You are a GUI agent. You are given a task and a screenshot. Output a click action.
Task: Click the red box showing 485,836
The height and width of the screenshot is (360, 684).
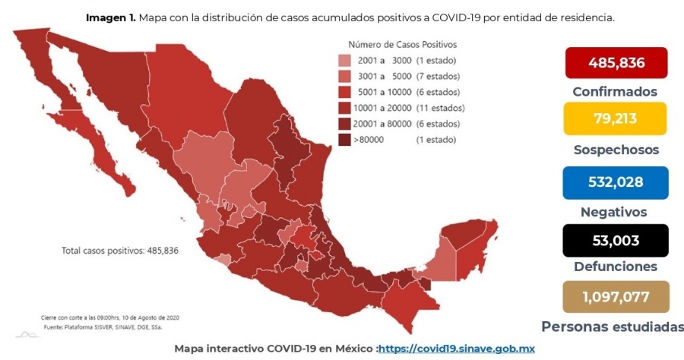[x=616, y=63]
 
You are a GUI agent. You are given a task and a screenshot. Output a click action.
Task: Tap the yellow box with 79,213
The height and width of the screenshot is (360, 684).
[x=615, y=118]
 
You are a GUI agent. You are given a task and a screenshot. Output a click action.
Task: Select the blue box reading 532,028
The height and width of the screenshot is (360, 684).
[x=616, y=182]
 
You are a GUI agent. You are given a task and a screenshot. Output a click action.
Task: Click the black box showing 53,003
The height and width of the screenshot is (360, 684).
[x=616, y=241]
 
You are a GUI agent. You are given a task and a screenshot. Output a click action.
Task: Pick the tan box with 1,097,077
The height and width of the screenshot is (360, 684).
[x=616, y=297]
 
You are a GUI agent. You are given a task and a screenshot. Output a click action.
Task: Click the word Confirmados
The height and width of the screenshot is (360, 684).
[x=615, y=92]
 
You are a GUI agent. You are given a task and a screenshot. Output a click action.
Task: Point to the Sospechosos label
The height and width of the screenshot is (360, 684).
[x=616, y=150]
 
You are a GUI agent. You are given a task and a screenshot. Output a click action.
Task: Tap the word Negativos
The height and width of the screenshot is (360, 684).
[x=614, y=212]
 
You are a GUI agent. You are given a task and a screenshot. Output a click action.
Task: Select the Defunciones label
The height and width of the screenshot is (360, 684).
[x=616, y=267]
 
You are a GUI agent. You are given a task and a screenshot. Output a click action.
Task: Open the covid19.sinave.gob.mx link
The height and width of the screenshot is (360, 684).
[x=456, y=349]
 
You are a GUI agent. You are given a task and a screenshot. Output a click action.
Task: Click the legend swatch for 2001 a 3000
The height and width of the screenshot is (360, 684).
[x=344, y=61]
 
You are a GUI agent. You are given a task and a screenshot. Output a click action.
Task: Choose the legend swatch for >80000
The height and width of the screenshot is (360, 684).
[x=344, y=140]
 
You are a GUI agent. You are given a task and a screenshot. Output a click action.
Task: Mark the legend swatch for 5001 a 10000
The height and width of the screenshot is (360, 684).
[x=344, y=92]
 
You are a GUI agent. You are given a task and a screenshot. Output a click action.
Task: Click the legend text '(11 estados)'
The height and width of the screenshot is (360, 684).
[x=440, y=108]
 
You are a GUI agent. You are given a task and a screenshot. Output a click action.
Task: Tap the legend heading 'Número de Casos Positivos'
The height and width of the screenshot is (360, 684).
[x=403, y=45]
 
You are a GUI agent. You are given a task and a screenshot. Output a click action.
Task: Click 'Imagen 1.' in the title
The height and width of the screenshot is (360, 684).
[x=111, y=18]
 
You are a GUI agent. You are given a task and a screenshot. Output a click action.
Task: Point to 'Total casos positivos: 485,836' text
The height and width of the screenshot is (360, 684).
[x=120, y=251]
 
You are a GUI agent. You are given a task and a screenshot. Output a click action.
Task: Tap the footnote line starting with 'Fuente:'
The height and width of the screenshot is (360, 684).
[x=103, y=327]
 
